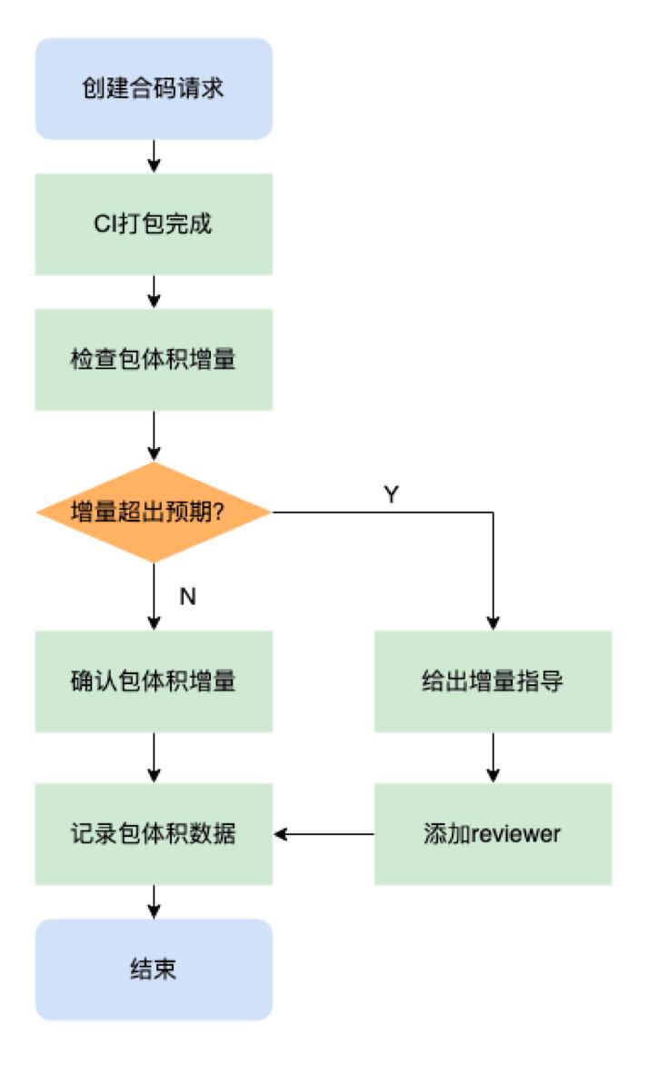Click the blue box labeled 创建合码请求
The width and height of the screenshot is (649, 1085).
point(154,89)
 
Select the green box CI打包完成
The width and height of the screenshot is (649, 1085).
point(154,224)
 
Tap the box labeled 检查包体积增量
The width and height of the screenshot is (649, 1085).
point(154,359)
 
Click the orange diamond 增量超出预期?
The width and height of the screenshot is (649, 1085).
point(154,512)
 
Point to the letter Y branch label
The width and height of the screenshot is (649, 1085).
point(392,495)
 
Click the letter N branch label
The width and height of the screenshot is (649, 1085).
point(188,596)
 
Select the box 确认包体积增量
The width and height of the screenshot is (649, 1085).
point(154,681)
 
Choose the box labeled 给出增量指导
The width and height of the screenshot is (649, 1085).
point(493,681)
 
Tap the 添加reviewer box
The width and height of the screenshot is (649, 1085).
point(493,833)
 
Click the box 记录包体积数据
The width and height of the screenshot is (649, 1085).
point(154,833)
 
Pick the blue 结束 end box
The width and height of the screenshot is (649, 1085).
point(154,969)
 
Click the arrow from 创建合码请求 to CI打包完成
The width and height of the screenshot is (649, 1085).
point(154,156)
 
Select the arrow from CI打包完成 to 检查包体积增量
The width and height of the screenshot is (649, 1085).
point(154,291)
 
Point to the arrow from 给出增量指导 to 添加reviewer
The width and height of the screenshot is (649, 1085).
point(493,757)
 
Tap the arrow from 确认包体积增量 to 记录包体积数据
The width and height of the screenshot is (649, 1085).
point(154,757)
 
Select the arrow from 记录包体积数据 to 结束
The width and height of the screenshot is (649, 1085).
point(154,901)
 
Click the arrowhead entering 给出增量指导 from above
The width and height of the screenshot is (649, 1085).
point(493,623)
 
